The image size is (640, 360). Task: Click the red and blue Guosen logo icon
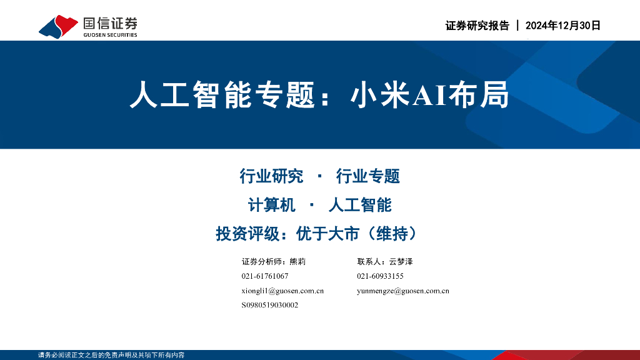pyautogui.click(x=58, y=26)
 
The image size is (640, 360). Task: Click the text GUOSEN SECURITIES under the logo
pyautogui.click(x=110, y=35)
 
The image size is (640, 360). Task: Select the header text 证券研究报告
pyautogui.click(x=477, y=26)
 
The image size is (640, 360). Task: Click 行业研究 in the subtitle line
pyautogui.click(x=271, y=176)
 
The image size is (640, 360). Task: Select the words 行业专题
pyautogui.click(x=367, y=176)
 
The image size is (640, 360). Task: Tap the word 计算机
pyautogui.click(x=272, y=205)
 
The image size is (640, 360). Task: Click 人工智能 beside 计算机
pyautogui.click(x=359, y=205)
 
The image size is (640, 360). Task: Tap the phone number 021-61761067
pyautogui.click(x=264, y=276)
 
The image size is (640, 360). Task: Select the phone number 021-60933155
pyautogui.click(x=380, y=276)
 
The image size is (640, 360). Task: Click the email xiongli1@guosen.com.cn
pyautogui.click(x=282, y=291)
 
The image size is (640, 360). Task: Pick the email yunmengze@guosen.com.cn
pyautogui.click(x=402, y=291)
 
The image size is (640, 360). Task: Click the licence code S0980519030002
pyautogui.click(x=269, y=305)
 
